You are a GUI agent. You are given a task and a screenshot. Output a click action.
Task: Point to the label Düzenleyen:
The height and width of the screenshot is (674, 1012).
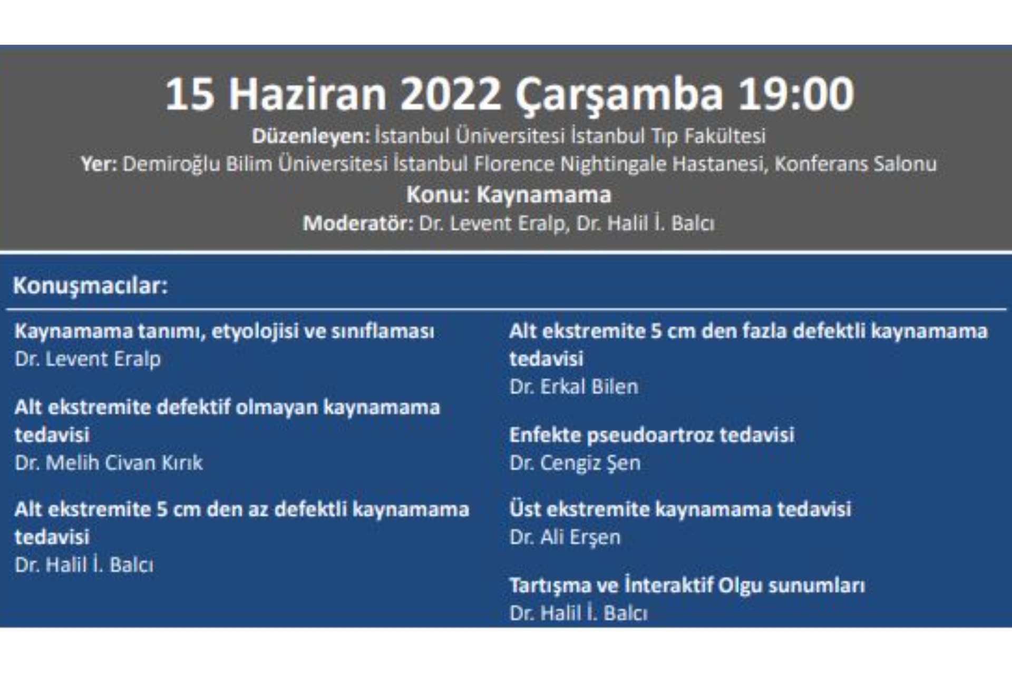pos(311,136)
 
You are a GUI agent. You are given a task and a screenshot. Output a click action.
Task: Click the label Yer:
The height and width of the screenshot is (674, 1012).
pos(99,164)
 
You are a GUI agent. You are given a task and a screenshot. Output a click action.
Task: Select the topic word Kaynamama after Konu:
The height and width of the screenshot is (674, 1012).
pos(544,195)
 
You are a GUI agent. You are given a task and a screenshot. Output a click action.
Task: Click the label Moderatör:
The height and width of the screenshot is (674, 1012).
pos(358,224)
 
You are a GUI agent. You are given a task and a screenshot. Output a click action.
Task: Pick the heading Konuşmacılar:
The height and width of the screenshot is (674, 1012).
pos(90,286)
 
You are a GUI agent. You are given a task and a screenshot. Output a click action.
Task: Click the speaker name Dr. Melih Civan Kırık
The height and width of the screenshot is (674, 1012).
pos(109,463)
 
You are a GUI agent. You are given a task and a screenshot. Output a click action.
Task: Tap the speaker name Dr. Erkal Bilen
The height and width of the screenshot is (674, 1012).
pos(573,387)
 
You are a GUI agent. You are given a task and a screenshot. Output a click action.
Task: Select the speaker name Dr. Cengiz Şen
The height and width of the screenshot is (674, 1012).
pos(575,463)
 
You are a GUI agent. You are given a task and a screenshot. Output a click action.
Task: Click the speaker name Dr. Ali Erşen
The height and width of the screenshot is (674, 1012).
pos(565,538)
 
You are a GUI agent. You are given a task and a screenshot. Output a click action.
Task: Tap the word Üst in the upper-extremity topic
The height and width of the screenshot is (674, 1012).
pos(525,509)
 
